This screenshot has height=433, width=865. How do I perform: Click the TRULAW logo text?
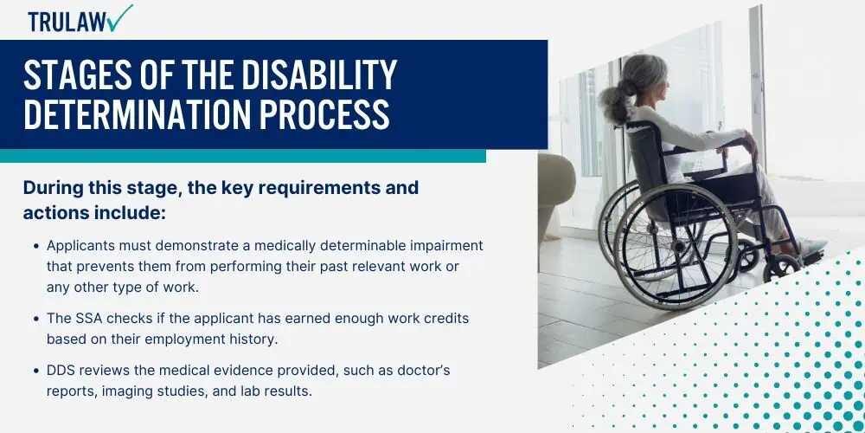[x=68, y=22]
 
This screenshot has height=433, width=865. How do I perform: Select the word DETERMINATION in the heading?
[x=137, y=113]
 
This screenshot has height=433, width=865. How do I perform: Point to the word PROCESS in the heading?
[x=324, y=113]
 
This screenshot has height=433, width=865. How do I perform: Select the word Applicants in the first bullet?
[x=80, y=246]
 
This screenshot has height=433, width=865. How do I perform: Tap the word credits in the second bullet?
[x=445, y=319]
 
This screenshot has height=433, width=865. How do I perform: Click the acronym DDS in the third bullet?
[x=61, y=370]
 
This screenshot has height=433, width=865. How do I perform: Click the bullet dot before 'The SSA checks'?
[x=36, y=320]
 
